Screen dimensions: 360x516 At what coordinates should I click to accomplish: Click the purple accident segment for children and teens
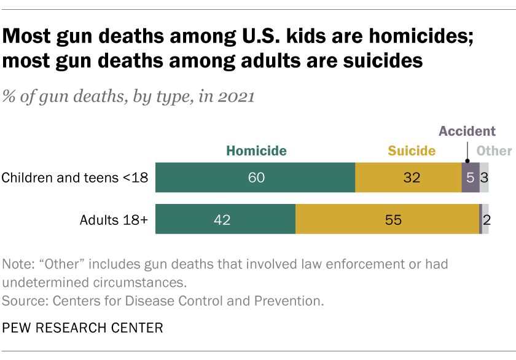coord(470,178)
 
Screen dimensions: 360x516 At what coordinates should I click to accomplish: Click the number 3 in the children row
coord(485,178)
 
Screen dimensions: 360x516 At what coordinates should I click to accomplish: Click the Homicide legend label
coord(256,151)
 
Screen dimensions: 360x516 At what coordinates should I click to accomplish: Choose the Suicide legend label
coord(411,151)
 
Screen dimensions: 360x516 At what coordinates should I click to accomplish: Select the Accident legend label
coord(466,131)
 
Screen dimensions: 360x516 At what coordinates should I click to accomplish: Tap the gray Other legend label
coord(494,151)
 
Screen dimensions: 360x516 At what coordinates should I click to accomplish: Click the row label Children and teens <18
coord(74,178)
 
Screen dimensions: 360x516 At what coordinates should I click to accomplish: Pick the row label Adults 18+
coord(114,219)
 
